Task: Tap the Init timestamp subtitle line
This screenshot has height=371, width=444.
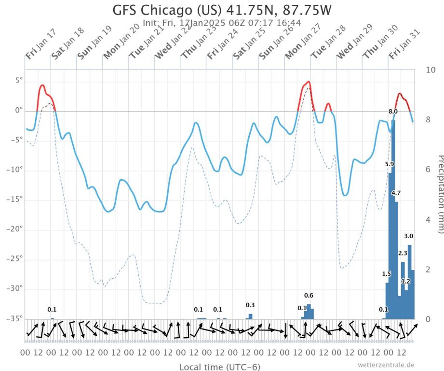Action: click(x=222, y=22)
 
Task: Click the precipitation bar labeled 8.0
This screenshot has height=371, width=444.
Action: click(x=393, y=217)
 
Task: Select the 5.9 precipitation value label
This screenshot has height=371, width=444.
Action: click(x=390, y=164)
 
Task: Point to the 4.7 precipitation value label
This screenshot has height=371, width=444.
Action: click(x=396, y=193)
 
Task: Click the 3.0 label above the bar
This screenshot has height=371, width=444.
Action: click(x=408, y=236)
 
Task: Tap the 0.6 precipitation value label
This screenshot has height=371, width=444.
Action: click(x=309, y=295)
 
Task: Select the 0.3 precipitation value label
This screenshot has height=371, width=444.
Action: click(x=250, y=305)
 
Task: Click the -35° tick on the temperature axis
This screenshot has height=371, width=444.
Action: click(x=13, y=318)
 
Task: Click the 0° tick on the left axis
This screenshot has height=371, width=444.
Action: click(x=18, y=110)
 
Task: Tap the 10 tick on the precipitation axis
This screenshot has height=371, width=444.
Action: click(x=431, y=70)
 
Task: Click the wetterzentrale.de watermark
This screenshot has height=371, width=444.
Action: click(x=386, y=365)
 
